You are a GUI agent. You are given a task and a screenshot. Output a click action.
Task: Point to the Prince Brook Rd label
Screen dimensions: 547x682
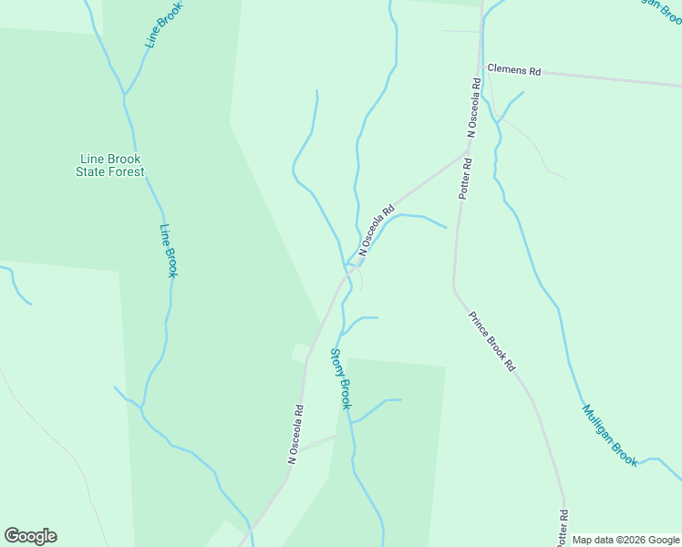tap(492, 342)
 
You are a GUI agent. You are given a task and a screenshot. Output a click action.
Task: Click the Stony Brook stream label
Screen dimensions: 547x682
tap(339, 378)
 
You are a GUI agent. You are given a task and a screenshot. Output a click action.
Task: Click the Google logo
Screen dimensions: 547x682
tap(30, 536)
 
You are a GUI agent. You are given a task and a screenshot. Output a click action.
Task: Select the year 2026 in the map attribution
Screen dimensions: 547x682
tap(634, 541)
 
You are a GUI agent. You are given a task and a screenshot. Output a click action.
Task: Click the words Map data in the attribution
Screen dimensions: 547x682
tap(594, 541)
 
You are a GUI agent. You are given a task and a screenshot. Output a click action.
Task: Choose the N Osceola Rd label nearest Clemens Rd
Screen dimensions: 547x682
tap(473, 108)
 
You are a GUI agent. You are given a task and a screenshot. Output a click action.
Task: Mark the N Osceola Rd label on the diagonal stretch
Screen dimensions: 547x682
tap(377, 231)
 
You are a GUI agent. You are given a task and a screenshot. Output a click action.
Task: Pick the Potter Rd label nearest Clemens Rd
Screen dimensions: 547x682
tap(466, 180)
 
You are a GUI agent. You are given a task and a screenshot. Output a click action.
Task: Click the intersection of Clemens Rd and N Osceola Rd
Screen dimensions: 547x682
tap(480, 67)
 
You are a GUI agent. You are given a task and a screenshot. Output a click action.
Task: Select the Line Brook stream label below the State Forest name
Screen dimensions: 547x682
tap(169, 251)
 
